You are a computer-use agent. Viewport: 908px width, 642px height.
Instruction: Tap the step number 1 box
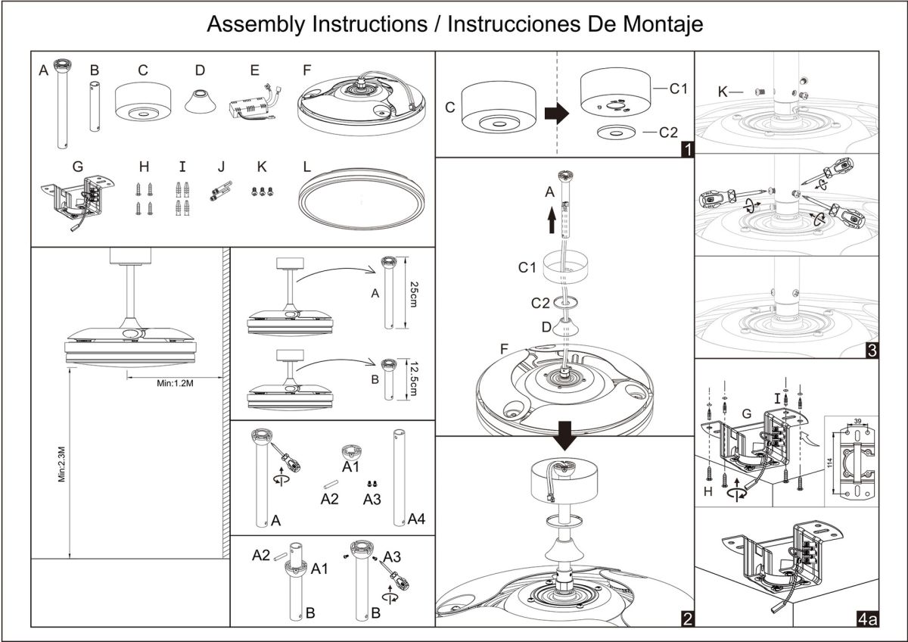(x=688, y=150)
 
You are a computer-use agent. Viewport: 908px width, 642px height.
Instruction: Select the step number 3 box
(x=872, y=351)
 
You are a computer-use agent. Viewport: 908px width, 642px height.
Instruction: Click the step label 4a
(x=868, y=619)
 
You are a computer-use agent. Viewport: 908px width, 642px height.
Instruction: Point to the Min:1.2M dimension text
(x=175, y=383)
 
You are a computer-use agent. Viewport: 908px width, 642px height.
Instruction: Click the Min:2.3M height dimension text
(x=61, y=464)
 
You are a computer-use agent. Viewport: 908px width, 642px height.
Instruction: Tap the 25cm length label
(x=414, y=294)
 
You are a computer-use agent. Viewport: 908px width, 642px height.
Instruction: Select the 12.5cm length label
(x=414, y=379)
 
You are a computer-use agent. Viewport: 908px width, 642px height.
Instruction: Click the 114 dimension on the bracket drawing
(x=830, y=463)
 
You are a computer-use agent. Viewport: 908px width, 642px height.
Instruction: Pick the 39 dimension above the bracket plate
(x=858, y=421)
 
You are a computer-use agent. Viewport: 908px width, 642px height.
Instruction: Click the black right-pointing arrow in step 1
(x=557, y=113)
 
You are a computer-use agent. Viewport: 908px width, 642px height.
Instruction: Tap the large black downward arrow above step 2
(x=564, y=436)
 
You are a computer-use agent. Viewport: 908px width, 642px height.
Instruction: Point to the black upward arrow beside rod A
(x=552, y=220)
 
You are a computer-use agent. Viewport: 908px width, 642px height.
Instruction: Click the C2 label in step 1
(x=668, y=132)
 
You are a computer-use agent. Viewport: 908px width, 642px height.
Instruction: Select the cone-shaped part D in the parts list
(x=201, y=101)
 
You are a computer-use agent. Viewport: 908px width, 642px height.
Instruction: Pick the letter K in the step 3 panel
(x=723, y=92)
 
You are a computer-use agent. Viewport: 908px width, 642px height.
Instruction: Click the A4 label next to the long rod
(x=416, y=519)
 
